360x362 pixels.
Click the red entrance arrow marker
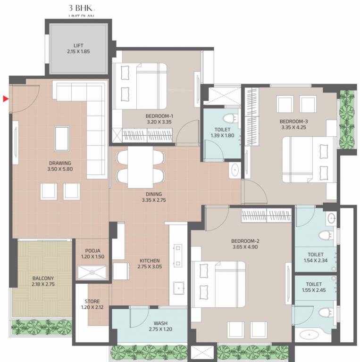pyautogui.click(x=5, y=99)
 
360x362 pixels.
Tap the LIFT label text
pyautogui.click(x=78, y=45)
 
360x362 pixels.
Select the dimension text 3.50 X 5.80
pyautogui.click(x=60, y=169)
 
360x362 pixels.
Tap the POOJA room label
pyautogui.click(x=92, y=251)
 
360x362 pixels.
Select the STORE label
pyautogui.click(x=92, y=302)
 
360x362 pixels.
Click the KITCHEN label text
pyautogui.click(x=150, y=261)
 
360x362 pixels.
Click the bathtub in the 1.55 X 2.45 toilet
pyautogui.click(x=315, y=336)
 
